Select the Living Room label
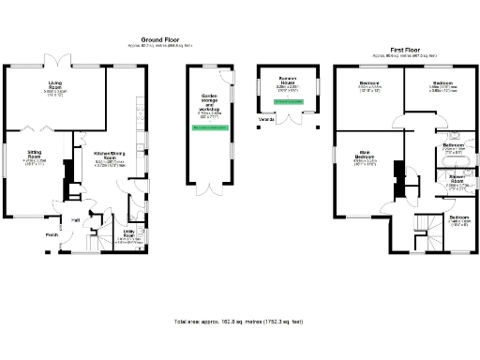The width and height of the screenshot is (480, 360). [55, 88]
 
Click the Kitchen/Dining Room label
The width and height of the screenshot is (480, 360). [112, 156]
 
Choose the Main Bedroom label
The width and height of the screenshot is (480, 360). [366, 157]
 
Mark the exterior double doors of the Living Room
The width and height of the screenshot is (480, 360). [57, 62]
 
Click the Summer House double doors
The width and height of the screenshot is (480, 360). [296, 118]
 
